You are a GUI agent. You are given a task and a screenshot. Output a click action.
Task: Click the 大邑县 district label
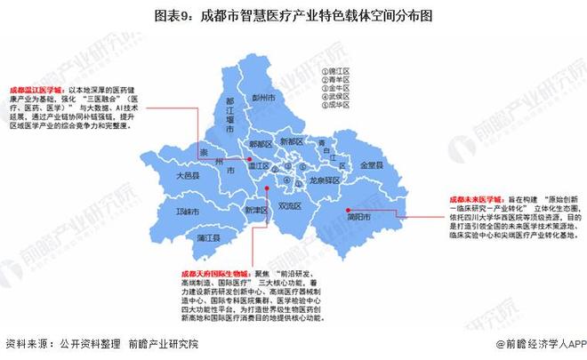coord(188,176)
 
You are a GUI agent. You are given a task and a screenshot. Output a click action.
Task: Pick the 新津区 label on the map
coord(254,210)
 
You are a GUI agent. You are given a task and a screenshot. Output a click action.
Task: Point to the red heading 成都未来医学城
coord(472,196)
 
